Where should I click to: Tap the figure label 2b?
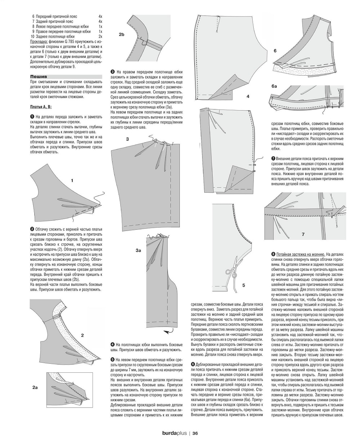point(121,35)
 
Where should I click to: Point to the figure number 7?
point(303,234)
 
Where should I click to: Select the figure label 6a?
point(274,87)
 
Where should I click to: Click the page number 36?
point(195,433)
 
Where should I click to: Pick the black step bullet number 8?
point(273,254)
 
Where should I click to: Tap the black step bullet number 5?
point(112,359)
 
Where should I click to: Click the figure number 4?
point(248,96)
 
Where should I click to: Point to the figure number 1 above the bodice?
point(72,180)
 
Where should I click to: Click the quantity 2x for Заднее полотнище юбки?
point(100,37)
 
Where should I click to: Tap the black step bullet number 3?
point(112,71)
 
